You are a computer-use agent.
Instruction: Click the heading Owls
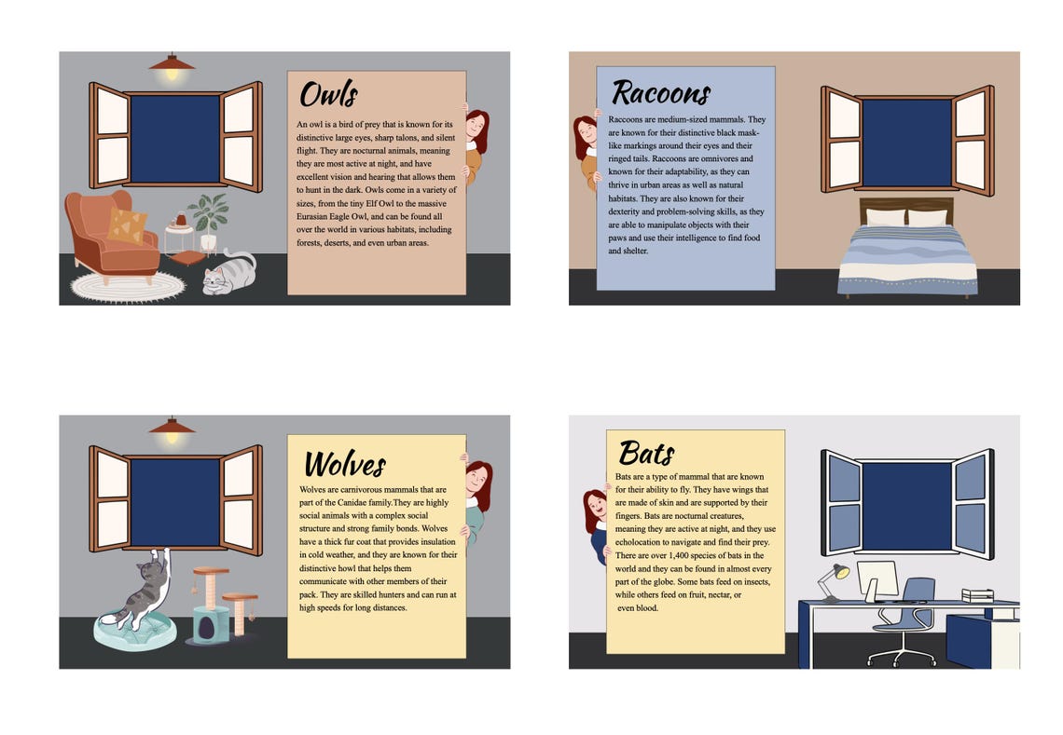tap(328, 95)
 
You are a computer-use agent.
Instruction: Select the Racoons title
tap(660, 92)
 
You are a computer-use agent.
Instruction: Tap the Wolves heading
tap(344, 463)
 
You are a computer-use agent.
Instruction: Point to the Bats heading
tap(646, 454)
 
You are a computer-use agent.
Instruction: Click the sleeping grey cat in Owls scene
tap(228, 275)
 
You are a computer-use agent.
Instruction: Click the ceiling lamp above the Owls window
tap(172, 66)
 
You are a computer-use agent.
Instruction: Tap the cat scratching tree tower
tap(213, 604)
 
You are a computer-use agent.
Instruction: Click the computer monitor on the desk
tap(877, 579)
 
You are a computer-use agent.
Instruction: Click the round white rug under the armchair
tap(128, 286)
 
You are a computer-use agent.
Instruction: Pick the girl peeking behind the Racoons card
tap(586, 149)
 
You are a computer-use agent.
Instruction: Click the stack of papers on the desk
tap(977, 595)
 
